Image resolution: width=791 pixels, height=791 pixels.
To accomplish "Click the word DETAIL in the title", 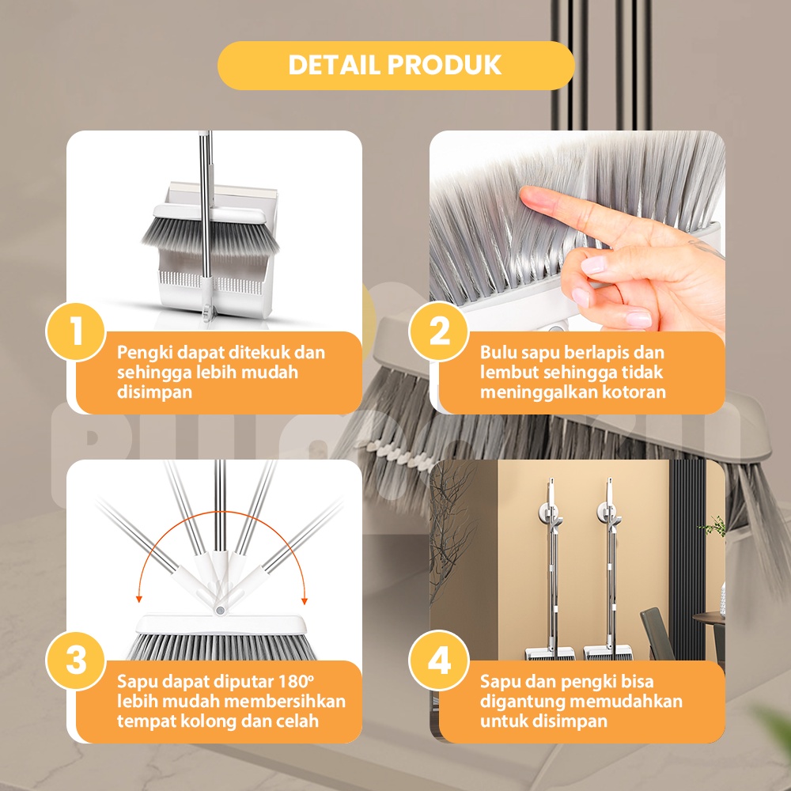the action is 334,65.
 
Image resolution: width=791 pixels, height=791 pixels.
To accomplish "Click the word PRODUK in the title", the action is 445,65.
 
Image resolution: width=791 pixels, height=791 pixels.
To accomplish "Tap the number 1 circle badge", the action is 76,331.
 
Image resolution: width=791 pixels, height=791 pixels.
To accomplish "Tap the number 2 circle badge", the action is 439,331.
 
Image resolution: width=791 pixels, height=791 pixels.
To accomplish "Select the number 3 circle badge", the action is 76,660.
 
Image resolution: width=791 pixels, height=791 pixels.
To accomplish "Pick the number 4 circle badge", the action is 439,660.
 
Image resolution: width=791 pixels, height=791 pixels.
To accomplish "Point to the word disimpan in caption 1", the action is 155,392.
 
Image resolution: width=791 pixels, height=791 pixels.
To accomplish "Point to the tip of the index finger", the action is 523,193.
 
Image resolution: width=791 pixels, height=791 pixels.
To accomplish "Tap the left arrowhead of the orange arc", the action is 138,599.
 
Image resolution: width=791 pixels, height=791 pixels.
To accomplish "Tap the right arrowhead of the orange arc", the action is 305,600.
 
